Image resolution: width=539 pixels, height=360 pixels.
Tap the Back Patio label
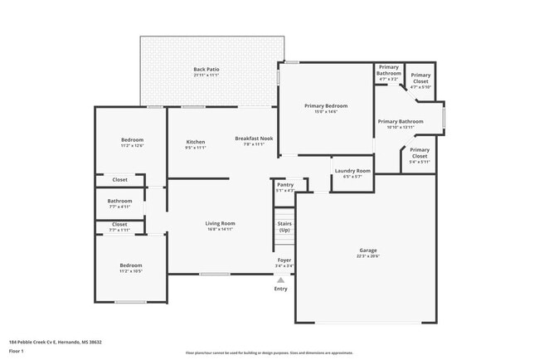click(206, 70)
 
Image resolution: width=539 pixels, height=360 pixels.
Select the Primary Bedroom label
click(325, 106)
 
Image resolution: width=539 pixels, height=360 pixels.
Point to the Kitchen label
click(195, 142)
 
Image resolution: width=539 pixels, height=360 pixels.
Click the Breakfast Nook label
click(254, 139)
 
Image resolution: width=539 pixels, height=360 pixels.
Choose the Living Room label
click(220, 223)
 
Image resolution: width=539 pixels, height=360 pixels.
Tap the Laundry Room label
click(351, 172)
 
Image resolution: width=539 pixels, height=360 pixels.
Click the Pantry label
click(284, 185)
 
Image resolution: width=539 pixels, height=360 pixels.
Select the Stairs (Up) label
click(284, 226)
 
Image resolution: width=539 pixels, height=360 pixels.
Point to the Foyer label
click(284, 260)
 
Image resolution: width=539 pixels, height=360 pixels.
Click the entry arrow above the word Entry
click(281, 280)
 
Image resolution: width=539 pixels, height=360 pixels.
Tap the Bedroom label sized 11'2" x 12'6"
click(133, 139)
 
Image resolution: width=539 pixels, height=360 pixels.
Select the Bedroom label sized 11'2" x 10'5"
click(130, 265)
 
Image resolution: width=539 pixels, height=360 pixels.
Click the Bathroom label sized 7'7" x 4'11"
click(119, 200)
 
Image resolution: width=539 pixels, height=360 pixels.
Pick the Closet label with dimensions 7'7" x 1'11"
click(119, 224)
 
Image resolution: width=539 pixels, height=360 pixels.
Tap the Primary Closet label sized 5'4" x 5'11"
click(420, 153)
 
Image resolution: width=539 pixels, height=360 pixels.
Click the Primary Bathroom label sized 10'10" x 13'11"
click(400, 122)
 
